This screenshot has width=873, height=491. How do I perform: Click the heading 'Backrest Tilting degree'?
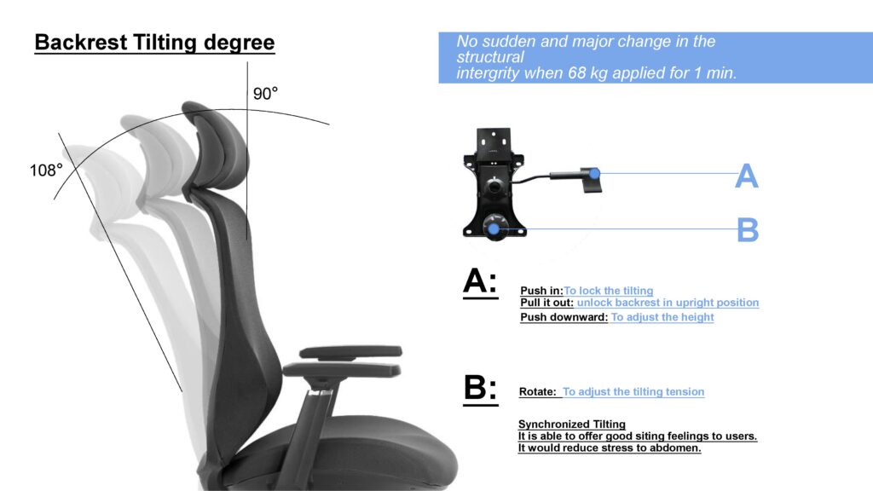click(154, 43)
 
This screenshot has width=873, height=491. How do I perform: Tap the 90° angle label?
click(265, 94)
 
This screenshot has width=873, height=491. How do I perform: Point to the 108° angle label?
click(46, 170)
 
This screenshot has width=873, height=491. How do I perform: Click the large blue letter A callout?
click(746, 176)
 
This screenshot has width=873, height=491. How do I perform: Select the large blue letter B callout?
click(747, 229)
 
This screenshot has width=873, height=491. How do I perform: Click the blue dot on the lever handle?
click(594, 174)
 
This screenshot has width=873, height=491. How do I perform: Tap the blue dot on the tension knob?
click(494, 228)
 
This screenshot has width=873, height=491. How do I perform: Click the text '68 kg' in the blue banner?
click(587, 73)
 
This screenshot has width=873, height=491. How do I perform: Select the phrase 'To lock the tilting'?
click(609, 291)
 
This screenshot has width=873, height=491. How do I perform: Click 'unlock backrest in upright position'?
click(668, 303)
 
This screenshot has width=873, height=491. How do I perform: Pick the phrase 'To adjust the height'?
click(662, 317)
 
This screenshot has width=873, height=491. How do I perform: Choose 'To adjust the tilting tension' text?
click(633, 391)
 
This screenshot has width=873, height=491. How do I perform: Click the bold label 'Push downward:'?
click(564, 317)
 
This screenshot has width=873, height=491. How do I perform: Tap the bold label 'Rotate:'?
click(537, 391)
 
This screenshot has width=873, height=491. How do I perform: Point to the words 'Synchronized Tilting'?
click(572, 425)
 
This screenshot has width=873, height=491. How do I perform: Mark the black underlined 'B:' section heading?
click(481, 388)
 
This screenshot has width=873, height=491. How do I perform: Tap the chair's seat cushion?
click(345, 453)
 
